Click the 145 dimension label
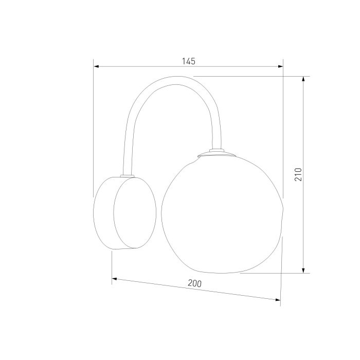coord(189,61)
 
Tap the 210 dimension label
coord(298,174)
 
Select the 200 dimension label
coord(195,283)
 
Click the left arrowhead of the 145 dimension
coord(96,66)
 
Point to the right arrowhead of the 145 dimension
coord(280,66)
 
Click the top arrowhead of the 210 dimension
coord(303,79)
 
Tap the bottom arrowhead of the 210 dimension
coord(303,271)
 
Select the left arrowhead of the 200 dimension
coord(114,279)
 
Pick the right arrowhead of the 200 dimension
coord(278,299)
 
